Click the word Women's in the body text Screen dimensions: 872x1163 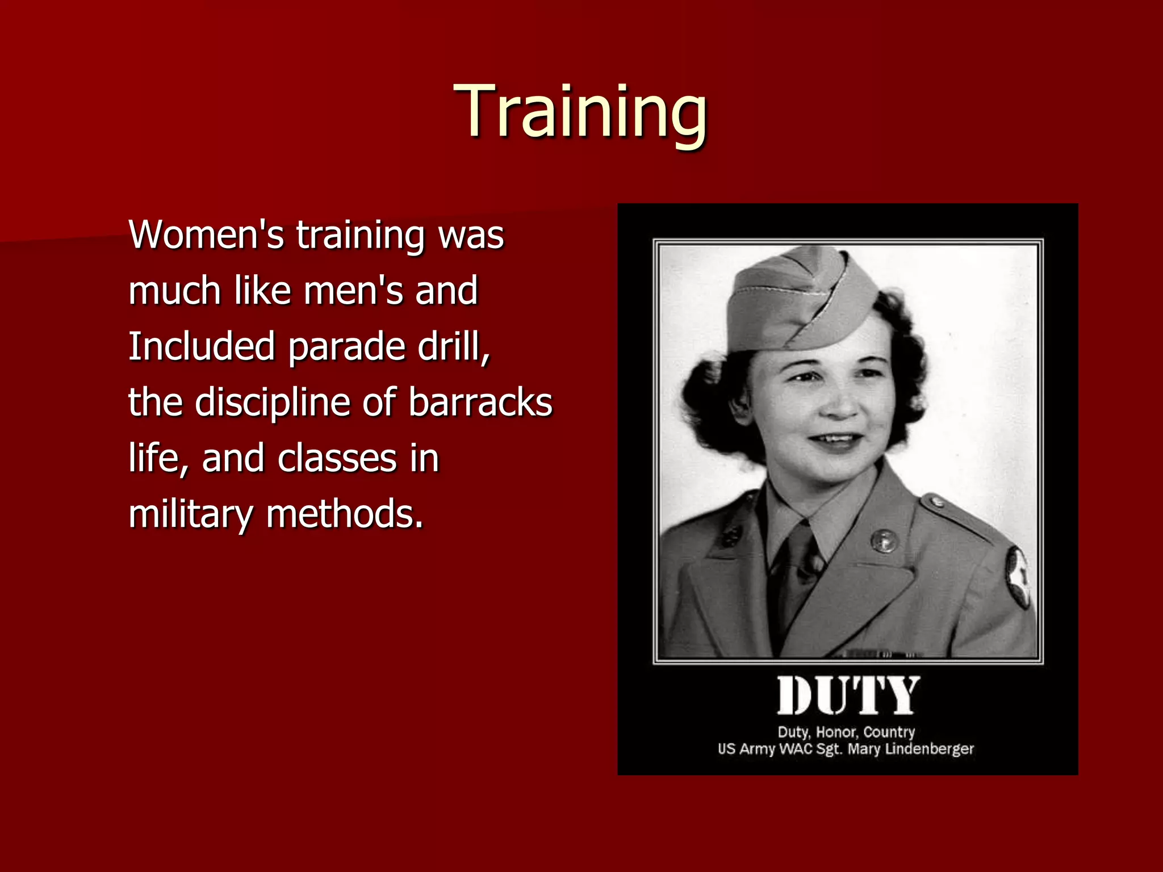[206, 234]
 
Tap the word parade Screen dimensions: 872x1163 [346, 346]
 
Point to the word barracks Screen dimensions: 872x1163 [480, 402]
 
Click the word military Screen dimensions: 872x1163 [190, 514]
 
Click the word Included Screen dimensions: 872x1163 [201, 346]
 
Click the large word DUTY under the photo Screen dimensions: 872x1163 [848, 696]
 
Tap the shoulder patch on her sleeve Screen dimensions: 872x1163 [1019, 577]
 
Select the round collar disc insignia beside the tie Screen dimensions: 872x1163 [884, 540]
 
